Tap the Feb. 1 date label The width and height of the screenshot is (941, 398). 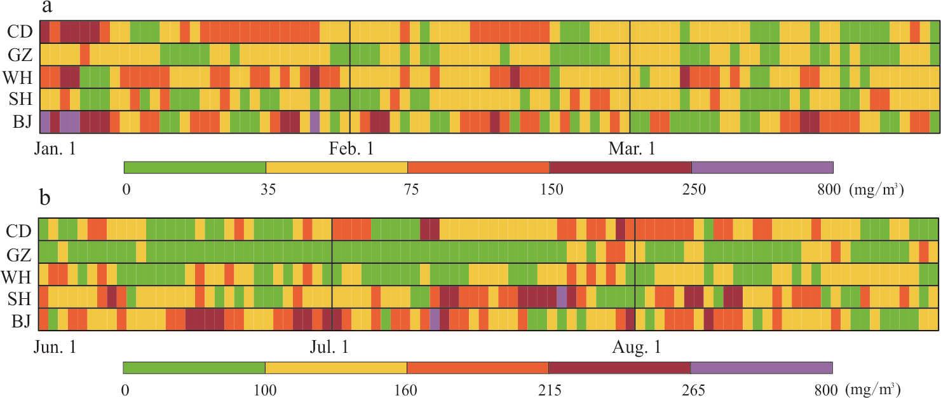[351, 149]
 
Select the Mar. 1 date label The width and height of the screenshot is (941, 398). [631, 149]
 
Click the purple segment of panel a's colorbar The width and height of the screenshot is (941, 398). [762, 167]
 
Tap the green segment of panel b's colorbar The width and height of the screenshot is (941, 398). [194, 367]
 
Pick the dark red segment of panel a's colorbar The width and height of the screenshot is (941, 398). [620, 167]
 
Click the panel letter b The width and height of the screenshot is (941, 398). [45, 198]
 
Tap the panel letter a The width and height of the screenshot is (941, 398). [46, 7]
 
